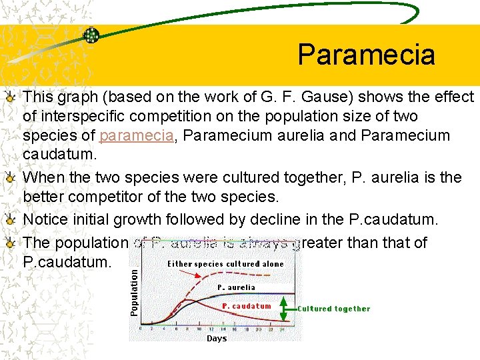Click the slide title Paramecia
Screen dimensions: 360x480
click(x=366, y=55)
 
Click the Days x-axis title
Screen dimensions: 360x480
click(x=217, y=338)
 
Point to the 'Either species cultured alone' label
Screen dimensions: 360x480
click(x=225, y=263)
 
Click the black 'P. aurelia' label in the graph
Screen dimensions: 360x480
click(x=236, y=287)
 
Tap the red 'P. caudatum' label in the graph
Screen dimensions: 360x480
click(x=247, y=306)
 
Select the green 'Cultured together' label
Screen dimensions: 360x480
click(x=333, y=309)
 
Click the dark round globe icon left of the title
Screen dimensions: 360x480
click(x=91, y=35)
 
